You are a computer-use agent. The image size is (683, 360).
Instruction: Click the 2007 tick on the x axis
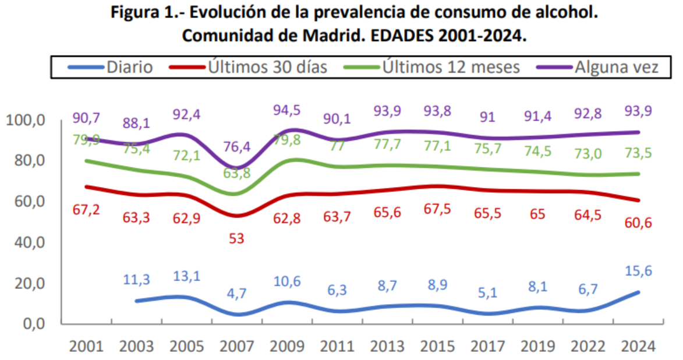(236, 345)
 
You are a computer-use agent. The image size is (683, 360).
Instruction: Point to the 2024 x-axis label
(639, 345)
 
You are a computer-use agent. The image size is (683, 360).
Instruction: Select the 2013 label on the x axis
(388, 345)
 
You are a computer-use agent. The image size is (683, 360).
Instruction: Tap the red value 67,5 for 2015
(438, 210)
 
